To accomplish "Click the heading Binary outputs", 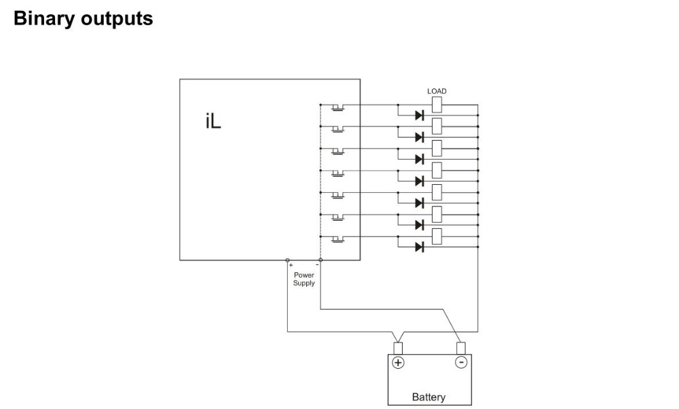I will pyautogui.click(x=83, y=18).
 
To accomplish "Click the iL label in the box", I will pyautogui.click(x=213, y=122).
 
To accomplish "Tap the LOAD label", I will pyautogui.click(x=437, y=91).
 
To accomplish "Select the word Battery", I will pyautogui.click(x=429, y=397).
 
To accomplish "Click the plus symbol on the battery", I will pyautogui.click(x=399, y=362).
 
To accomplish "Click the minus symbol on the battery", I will pyautogui.click(x=461, y=362).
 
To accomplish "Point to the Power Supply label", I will pyautogui.click(x=304, y=279).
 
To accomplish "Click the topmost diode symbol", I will pyautogui.click(x=419, y=115).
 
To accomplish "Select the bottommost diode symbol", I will pyautogui.click(x=419, y=246).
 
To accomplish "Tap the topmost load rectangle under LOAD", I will pyautogui.click(x=437, y=105).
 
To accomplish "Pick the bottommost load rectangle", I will pyautogui.click(x=437, y=236).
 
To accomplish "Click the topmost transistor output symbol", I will pyautogui.click(x=337, y=107).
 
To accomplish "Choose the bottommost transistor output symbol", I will pyautogui.click(x=337, y=238).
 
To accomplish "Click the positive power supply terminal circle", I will pyautogui.click(x=287, y=260).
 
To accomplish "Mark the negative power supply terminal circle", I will pyautogui.click(x=320, y=260).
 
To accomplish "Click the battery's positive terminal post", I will pyautogui.click(x=399, y=349).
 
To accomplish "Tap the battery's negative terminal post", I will pyautogui.click(x=461, y=349).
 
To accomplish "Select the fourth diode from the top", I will pyautogui.click(x=419, y=181).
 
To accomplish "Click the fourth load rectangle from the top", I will pyautogui.click(x=437, y=170).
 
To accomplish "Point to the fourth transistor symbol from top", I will pyautogui.click(x=337, y=173).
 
